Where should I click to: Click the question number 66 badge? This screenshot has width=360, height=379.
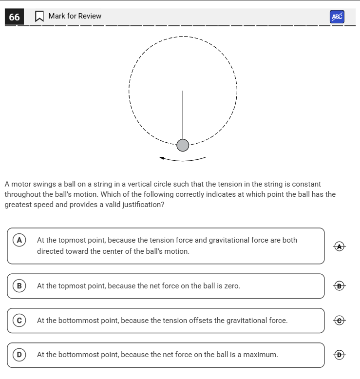coord(15,17)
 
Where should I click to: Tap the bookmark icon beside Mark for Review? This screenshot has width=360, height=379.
coord(39,17)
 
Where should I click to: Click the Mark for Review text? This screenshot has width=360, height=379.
coord(75,16)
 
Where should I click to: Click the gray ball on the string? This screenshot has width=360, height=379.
coord(183,145)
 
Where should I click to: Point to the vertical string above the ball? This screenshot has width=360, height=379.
coord(183,114)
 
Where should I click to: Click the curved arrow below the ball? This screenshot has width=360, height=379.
coord(182,159)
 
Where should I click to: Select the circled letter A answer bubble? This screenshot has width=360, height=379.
coord(19,240)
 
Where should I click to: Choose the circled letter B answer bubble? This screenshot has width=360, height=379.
coord(19,286)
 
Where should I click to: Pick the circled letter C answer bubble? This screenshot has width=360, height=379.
coord(19,321)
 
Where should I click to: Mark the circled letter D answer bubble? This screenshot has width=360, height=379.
coord(19,355)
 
